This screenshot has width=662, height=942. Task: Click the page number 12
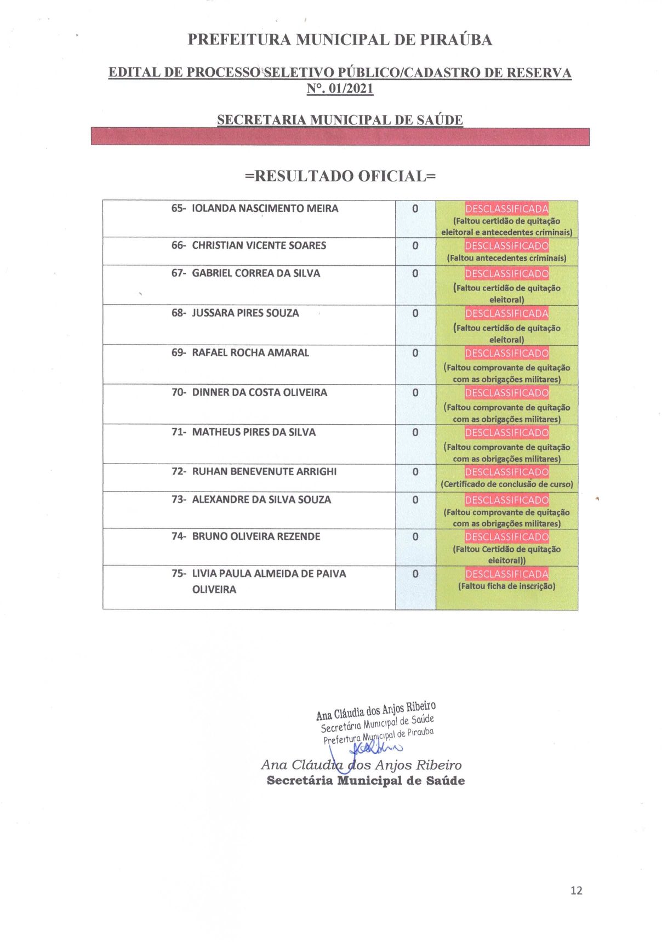(576, 890)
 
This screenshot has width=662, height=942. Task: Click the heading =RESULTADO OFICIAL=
(340, 176)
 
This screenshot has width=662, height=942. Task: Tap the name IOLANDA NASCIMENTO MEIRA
(265, 208)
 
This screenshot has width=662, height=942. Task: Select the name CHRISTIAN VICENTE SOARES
(259, 246)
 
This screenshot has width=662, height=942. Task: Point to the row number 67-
(179, 273)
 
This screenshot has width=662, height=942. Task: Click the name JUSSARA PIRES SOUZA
(245, 313)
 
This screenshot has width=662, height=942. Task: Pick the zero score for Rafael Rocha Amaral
(415, 353)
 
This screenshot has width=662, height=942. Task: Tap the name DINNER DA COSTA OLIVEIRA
(259, 392)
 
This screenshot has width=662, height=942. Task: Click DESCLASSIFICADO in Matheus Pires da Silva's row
(506, 432)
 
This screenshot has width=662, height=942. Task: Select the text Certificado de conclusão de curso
(506, 484)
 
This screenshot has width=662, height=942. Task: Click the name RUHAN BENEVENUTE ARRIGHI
(264, 471)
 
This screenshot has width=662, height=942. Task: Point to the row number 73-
(179, 499)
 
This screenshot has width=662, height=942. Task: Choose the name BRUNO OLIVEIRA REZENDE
(256, 536)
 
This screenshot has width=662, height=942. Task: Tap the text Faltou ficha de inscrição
(506, 586)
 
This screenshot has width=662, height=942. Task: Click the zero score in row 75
(415, 574)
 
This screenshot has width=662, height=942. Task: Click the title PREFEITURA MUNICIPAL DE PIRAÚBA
(340, 39)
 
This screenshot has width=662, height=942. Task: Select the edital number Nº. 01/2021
(340, 88)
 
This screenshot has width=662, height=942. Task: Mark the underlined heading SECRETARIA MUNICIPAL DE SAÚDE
(340, 119)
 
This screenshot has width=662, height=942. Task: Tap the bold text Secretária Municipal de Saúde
(366, 781)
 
